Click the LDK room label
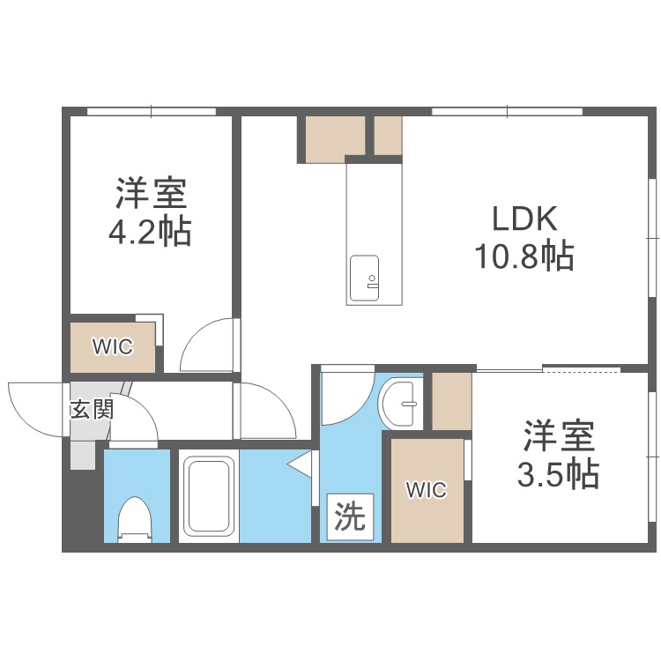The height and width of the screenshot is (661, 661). (x=524, y=218)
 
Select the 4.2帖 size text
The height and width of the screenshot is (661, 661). (x=150, y=232)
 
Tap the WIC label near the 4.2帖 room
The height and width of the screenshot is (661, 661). (x=113, y=346)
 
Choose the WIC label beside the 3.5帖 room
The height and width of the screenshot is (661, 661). (x=427, y=490)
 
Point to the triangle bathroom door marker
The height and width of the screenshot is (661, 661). (x=302, y=464)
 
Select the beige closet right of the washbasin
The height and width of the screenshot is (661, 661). (x=451, y=401)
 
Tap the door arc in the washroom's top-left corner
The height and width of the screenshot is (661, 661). (x=344, y=393)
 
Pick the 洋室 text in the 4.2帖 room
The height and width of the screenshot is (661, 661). (x=151, y=193)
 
